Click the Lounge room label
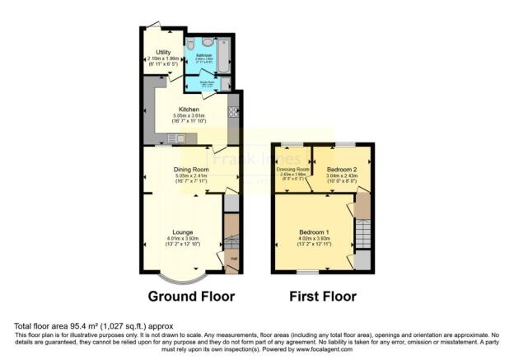pos(183,232)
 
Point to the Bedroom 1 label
pos(314,232)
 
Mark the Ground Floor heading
pos(191,296)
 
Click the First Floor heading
pos(323,296)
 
